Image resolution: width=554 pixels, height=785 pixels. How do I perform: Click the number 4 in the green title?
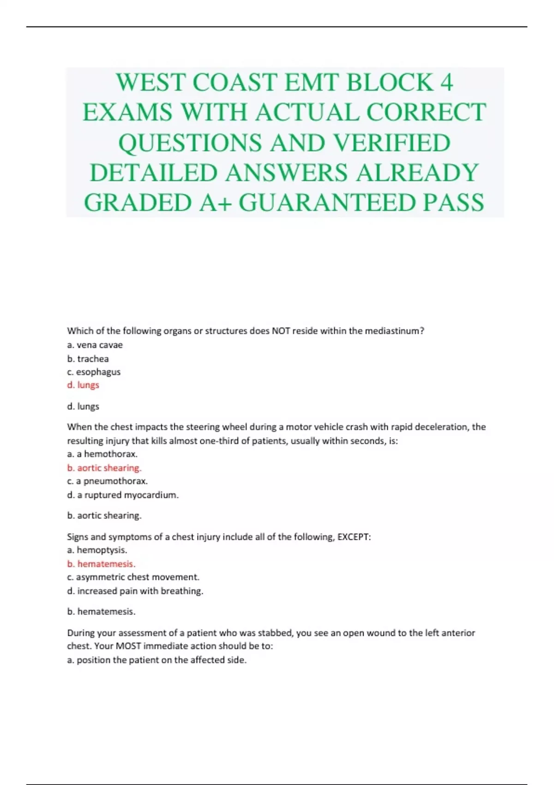point(446,83)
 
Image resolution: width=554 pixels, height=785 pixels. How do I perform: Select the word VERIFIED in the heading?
point(391,143)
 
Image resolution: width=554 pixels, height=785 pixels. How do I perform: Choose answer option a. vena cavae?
point(95,345)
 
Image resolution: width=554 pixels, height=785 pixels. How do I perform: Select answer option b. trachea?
point(88,359)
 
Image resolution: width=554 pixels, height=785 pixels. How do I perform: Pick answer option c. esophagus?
point(94,372)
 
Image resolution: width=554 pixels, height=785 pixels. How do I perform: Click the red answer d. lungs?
point(83,385)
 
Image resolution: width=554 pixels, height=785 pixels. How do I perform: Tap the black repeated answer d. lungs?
point(83,406)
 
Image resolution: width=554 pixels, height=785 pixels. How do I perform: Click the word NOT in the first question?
point(281,331)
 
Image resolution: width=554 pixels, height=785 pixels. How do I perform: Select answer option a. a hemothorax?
point(102,454)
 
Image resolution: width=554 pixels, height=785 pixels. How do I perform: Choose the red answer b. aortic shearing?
point(104,468)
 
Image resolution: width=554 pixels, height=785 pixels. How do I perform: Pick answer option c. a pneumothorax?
point(107,481)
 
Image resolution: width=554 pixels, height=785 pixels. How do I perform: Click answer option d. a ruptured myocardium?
point(123,495)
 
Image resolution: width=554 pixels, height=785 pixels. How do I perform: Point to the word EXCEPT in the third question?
point(354,537)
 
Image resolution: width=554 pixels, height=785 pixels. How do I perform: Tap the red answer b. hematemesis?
point(101,564)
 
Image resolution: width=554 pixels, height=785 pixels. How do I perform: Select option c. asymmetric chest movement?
point(133,577)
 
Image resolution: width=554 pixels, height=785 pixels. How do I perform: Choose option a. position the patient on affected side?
point(157,660)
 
